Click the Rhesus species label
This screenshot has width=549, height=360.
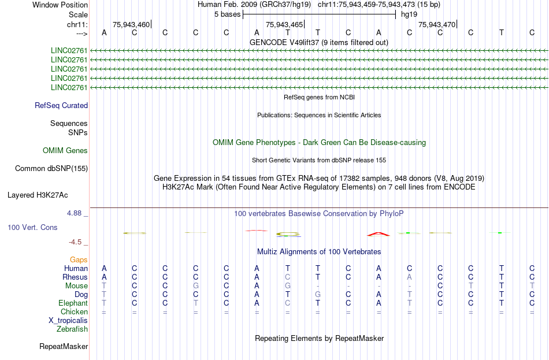coord(75,277)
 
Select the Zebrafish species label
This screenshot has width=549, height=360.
coord(72,329)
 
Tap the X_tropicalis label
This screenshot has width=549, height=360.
coord(68,321)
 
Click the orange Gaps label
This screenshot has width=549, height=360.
coord(79,259)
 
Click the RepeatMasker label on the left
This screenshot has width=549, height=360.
coord(64,346)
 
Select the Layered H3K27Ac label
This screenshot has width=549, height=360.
coord(38,195)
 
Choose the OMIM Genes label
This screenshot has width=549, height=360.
coord(65,151)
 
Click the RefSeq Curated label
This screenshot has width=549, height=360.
coord(61,105)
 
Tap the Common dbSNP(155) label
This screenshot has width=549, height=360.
coord(51,169)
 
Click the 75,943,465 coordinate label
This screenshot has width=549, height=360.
coord(284,24)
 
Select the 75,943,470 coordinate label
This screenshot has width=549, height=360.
coord(437,24)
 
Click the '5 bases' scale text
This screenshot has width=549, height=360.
coord(228,14)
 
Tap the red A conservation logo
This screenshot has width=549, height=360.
coord(379,234)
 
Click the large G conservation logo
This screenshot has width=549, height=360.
coord(288,234)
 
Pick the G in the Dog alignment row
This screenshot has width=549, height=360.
coord(318,295)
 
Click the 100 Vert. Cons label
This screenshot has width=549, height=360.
coord(32,227)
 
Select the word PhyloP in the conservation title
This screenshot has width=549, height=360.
coord(391,214)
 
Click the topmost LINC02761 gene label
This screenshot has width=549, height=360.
coord(69,51)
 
